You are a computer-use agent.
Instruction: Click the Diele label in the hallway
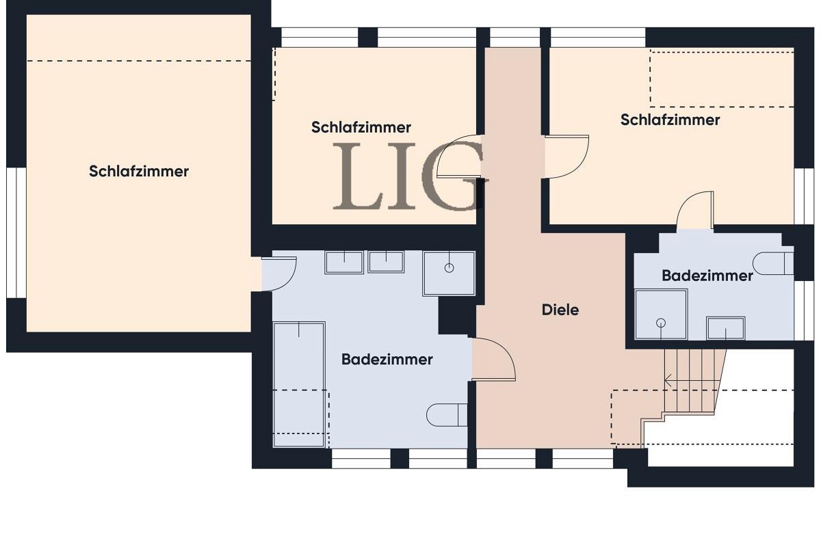pyautogui.click(x=560, y=310)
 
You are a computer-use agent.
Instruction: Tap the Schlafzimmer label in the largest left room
pyautogui.click(x=139, y=172)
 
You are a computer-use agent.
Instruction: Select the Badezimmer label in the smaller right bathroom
pyautogui.click(x=707, y=276)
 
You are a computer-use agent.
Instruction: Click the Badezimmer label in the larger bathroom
pyautogui.click(x=387, y=359)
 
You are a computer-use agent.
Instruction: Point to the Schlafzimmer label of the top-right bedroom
pyautogui.click(x=670, y=120)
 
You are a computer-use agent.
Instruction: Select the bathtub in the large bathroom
pyautogui.click(x=299, y=384)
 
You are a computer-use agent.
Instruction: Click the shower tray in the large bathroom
pyautogui.click(x=449, y=273)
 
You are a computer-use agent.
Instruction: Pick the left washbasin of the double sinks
pyautogui.click(x=344, y=262)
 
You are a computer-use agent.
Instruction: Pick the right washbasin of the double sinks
pyautogui.click(x=386, y=261)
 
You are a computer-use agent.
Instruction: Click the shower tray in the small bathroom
pyautogui.click(x=661, y=315)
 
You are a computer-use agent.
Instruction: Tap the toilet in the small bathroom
pyautogui.click(x=773, y=263)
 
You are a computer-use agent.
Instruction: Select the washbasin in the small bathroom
pyautogui.click(x=726, y=328)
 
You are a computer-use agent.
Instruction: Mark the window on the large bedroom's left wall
pyautogui.click(x=16, y=232)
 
